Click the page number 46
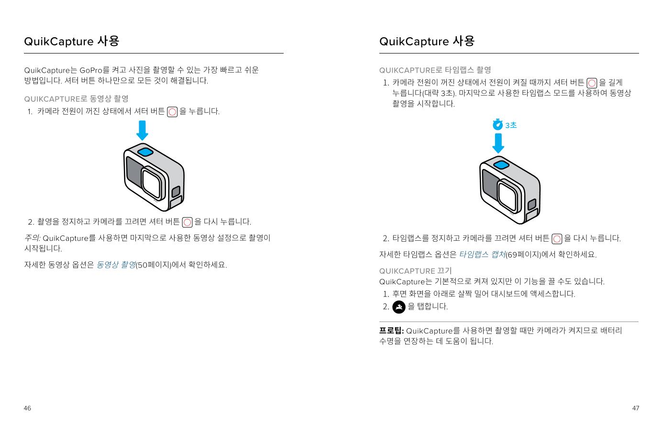click(x=27, y=408)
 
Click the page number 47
click(x=635, y=408)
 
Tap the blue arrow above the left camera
click(x=142, y=130)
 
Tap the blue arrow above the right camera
click(x=498, y=143)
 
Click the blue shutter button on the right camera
click(x=501, y=165)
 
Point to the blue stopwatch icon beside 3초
click(x=497, y=124)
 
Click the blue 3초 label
click(x=511, y=125)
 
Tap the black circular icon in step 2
click(x=398, y=307)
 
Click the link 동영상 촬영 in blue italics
click(x=116, y=265)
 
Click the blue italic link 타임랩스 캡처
click(x=482, y=255)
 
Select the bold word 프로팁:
click(x=391, y=331)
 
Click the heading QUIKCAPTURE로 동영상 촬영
click(x=77, y=99)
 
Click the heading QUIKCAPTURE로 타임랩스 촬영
click(x=435, y=70)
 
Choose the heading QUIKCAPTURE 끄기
click(x=415, y=271)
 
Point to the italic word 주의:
click(x=32, y=238)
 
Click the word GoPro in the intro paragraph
click(x=91, y=70)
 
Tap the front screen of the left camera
click(x=133, y=172)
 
